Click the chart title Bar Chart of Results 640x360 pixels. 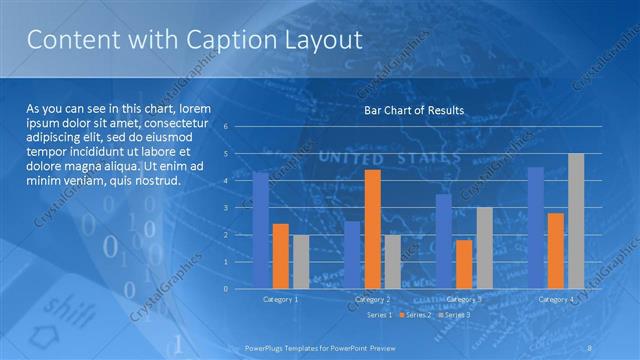[x=413, y=110]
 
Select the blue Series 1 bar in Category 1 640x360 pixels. [x=261, y=230]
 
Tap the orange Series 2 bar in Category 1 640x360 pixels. [x=281, y=256]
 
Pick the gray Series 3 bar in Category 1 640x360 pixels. [x=301, y=261]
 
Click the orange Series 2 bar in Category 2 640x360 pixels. [x=372, y=229]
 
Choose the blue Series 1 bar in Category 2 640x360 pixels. [x=352, y=255]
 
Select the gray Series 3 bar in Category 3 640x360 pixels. [x=484, y=248]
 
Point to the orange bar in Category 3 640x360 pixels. [x=464, y=264]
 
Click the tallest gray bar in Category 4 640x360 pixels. [x=576, y=221]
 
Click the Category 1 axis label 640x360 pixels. [x=281, y=299]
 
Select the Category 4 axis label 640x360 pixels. [x=556, y=299]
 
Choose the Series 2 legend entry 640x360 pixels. [x=416, y=315]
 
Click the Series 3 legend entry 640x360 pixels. [x=455, y=315]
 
